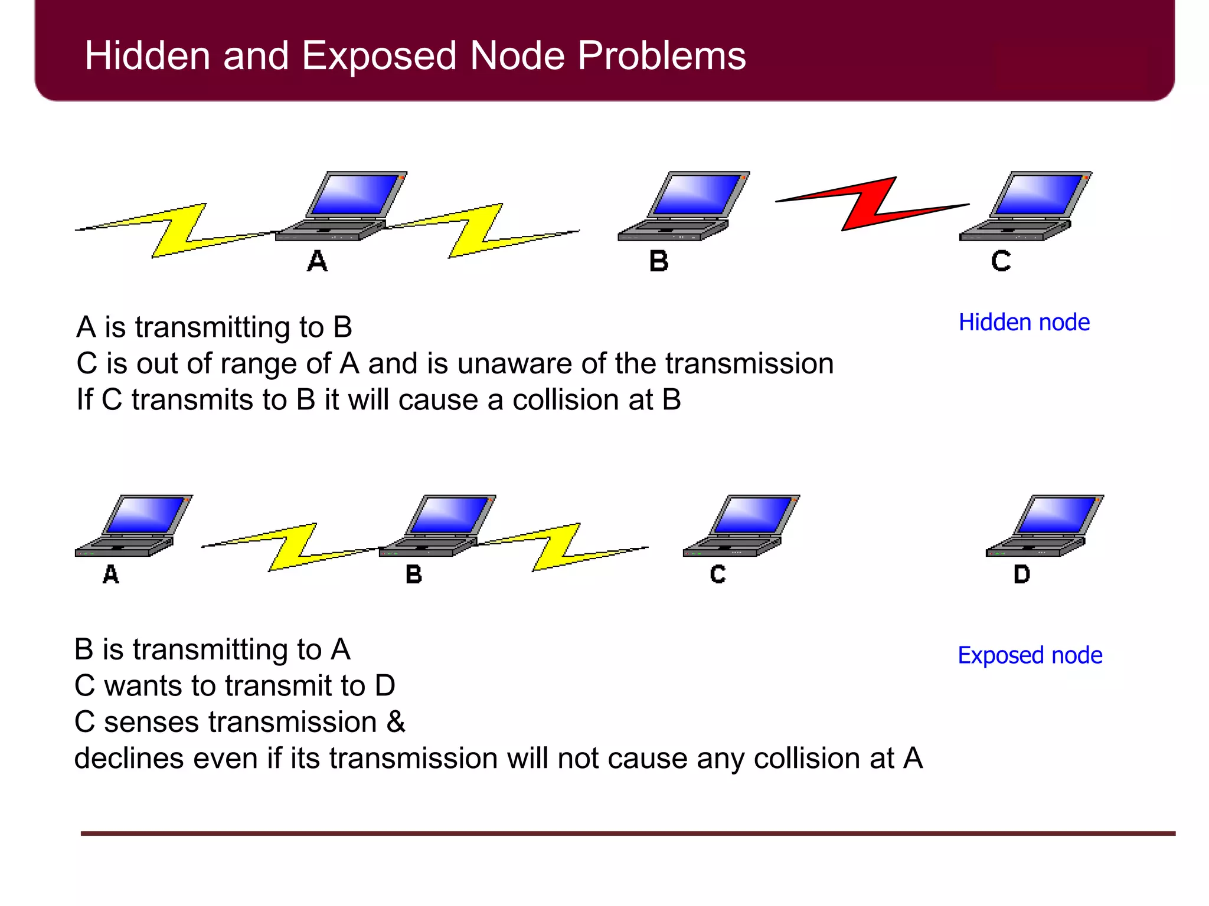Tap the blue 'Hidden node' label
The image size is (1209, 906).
(1024, 323)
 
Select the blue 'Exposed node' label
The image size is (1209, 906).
(1030, 655)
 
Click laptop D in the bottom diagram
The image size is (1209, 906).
(1044, 526)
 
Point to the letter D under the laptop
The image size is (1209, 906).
(1022, 574)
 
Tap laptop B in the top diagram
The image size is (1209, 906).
(684, 206)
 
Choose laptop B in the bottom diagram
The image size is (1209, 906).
(437, 526)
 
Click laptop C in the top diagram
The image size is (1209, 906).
(1025, 206)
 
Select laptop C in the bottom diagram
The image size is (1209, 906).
(741, 526)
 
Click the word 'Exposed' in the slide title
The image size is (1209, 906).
(380, 56)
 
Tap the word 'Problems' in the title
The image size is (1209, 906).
(661, 56)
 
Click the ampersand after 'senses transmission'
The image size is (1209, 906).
(396, 722)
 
